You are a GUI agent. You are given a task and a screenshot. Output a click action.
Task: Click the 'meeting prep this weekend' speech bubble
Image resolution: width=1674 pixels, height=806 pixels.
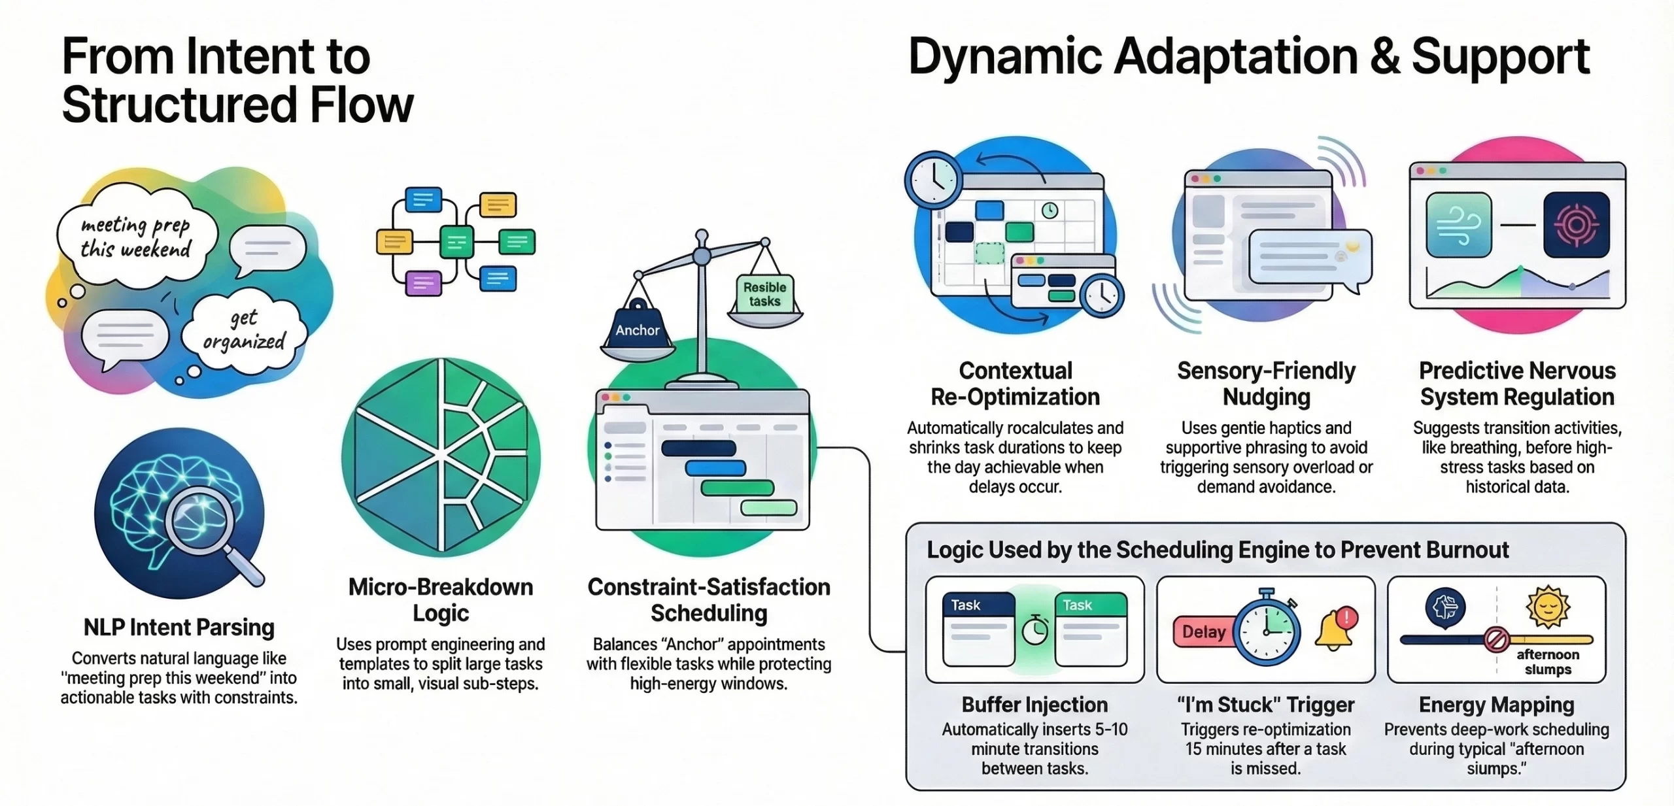(136, 237)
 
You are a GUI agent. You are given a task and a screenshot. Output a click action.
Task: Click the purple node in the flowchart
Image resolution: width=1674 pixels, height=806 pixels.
(423, 283)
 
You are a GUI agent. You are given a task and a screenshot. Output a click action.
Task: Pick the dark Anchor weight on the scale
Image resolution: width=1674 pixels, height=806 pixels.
(638, 327)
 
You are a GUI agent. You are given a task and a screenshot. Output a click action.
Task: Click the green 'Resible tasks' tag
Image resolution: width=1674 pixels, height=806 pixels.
(764, 294)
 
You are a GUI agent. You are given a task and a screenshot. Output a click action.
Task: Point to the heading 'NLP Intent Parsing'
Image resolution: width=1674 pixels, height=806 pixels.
(179, 628)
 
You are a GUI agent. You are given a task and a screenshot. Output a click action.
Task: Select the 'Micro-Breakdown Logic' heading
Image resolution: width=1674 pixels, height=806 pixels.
(441, 599)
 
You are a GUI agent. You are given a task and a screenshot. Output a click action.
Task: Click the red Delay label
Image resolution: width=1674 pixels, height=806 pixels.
(1204, 632)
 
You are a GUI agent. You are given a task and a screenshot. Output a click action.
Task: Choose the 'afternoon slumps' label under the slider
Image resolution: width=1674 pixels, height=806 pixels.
(1547, 662)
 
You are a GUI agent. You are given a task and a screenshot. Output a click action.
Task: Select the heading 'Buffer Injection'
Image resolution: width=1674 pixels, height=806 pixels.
(1034, 705)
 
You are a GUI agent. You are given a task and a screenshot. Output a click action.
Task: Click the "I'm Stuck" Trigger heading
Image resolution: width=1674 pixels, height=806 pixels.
(1266, 705)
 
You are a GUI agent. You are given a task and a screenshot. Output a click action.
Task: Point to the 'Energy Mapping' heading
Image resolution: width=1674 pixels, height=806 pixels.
(1496, 705)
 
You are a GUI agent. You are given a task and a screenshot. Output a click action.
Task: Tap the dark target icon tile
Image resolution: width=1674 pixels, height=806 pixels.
(1576, 225)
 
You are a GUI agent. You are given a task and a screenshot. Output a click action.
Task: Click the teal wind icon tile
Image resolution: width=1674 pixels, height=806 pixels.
(1459, 225)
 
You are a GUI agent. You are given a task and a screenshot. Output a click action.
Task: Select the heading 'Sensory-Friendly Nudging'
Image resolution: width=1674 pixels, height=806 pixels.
(1266, 384)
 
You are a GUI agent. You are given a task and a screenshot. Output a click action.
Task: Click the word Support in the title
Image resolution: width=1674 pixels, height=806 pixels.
(1501, 58)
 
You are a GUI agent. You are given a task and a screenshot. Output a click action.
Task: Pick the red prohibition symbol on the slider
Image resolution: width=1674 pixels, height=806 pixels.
(1496, 639)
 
